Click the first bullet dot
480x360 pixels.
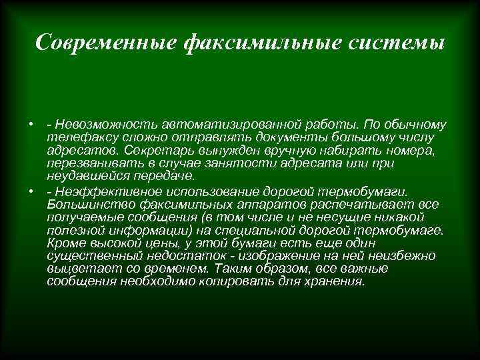[31, 125]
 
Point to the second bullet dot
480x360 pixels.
[31, 191]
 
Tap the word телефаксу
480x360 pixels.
[76, 137]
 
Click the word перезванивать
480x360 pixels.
[91, 163]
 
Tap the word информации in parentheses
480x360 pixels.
[124, 230]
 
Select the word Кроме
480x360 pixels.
[63, 243]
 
